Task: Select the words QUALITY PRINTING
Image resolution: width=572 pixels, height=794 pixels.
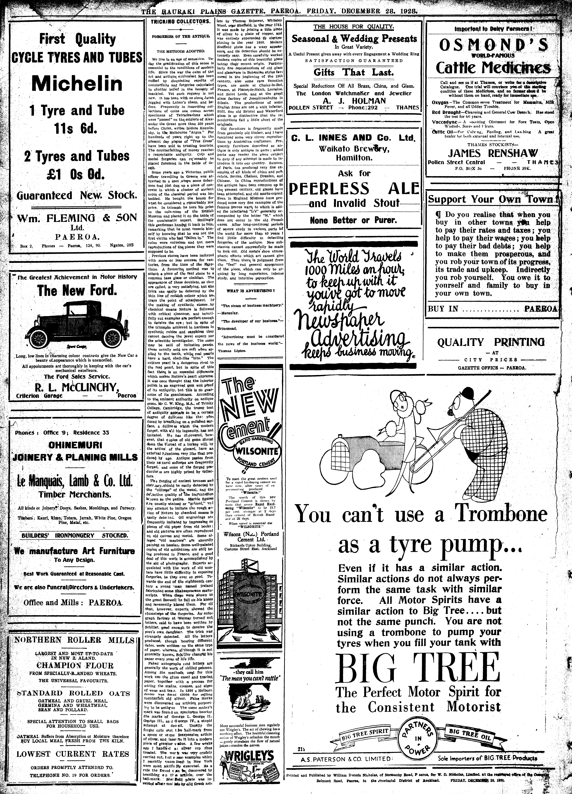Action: click(x=491, y=342)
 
